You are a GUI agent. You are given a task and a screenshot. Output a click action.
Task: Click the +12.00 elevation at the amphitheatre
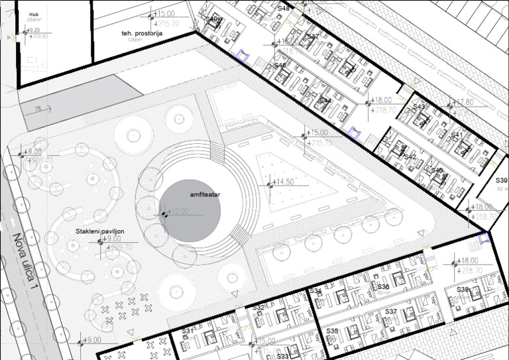tap(178, 211)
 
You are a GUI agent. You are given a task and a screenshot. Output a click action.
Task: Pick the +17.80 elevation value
tap(463, 102)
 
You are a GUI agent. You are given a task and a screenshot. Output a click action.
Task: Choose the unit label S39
tap(502, 180)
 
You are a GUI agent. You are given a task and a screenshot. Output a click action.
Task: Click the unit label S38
tap(463, 290)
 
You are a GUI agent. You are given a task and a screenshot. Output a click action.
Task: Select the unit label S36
tap(383, 286)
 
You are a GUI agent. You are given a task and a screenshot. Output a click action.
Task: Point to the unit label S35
tap(333, 330)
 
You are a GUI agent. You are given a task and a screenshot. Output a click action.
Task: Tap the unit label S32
tap(258, 308)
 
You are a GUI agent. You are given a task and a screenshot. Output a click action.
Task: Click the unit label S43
tap(419, 107)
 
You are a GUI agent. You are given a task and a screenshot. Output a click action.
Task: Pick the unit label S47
tap(313, 36)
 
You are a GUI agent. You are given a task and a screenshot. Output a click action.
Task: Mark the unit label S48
tap(284, 8)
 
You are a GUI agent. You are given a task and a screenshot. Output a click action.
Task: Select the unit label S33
tap(282, 356)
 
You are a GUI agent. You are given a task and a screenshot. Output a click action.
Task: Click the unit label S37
tap(390, 311)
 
